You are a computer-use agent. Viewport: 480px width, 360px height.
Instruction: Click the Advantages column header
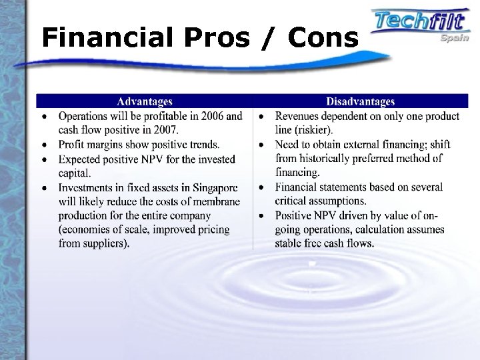tap(145, 102)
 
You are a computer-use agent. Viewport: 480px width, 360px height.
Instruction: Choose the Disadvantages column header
tap(361, 102)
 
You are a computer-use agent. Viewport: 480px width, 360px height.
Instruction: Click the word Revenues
tap(298, 117)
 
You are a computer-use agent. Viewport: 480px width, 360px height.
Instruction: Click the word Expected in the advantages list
tap(83, 158)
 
